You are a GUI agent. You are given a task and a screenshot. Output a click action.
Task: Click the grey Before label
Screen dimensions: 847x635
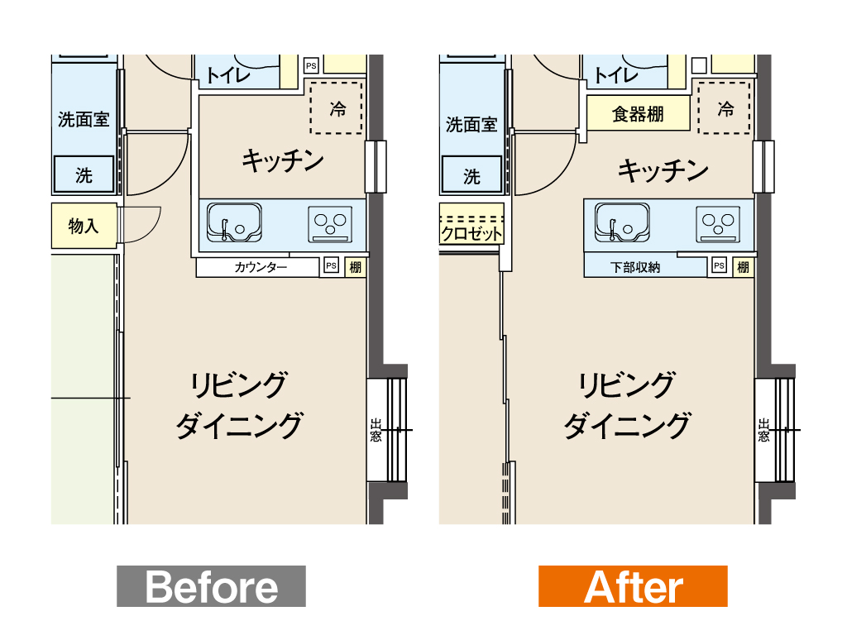(211, 586)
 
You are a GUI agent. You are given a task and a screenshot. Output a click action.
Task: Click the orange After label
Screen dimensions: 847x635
(633, 586)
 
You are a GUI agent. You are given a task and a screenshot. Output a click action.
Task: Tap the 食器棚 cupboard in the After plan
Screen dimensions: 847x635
(638, 112)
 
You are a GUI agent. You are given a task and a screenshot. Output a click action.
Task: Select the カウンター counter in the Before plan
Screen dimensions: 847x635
(257, 267)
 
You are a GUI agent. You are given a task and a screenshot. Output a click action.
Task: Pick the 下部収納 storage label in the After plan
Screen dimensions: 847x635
(635, 267)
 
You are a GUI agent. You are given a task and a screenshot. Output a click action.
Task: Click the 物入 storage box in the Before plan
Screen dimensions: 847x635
(84, 226)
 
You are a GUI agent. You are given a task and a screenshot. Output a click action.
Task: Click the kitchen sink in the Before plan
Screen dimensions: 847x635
(234, 222)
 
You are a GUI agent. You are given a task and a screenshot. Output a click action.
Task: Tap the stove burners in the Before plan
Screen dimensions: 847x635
(330, 223)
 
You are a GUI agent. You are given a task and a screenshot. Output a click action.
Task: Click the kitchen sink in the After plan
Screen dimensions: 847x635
(622, 222)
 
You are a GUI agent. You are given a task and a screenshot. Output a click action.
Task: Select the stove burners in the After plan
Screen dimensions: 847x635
(718, 223)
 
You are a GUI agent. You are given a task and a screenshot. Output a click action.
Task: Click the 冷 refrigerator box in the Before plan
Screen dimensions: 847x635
(336, 108)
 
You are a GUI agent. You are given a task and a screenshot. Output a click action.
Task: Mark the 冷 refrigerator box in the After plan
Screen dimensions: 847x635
(724, 108)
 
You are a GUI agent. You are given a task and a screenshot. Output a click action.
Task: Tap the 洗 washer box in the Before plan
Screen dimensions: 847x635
(84, 174)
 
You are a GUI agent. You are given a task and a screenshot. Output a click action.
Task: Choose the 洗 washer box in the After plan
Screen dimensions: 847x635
(471, 174)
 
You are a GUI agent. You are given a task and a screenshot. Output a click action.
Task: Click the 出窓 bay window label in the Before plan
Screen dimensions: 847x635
(376, 430)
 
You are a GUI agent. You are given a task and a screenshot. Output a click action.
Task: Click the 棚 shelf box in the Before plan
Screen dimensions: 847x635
(355, 267)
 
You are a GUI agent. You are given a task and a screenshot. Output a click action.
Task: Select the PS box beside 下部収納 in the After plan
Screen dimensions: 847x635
(719, 265)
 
